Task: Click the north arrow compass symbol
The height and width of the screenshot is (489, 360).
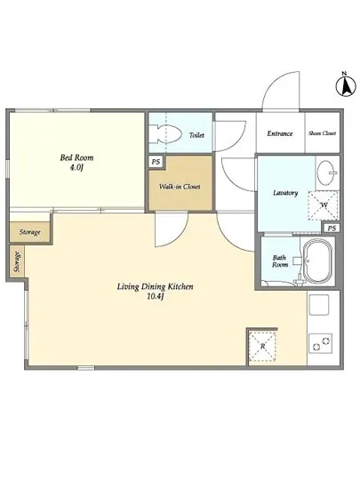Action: (346, 84)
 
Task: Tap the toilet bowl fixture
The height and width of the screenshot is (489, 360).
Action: (165, 134)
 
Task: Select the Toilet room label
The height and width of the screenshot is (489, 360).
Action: (196, 135)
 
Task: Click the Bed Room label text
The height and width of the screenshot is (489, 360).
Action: (76, 157)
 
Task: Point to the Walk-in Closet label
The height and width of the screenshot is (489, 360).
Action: (180, 187)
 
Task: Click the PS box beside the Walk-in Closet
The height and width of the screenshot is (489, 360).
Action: (156, 162)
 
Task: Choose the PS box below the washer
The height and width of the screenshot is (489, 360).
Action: (332, 228)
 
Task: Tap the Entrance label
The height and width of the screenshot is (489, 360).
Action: (280, 133)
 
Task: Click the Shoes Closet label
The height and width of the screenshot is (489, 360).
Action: (323, 133)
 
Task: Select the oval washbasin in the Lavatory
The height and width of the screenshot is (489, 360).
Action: (327, 172)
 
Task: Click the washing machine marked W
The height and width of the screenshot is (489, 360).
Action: (324, 205)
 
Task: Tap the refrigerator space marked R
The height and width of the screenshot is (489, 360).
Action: (263, 346)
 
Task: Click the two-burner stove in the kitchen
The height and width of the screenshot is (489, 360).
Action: (320, 344)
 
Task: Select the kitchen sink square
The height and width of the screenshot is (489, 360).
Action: (319, 305)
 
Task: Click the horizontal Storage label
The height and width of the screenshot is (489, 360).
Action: (29, 232)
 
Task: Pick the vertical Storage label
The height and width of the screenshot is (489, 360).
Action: (17, 262)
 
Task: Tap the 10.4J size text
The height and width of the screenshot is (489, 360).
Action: (155, 297)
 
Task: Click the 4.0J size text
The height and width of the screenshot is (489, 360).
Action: (76, 168)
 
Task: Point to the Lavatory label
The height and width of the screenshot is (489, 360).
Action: (285, 193)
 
